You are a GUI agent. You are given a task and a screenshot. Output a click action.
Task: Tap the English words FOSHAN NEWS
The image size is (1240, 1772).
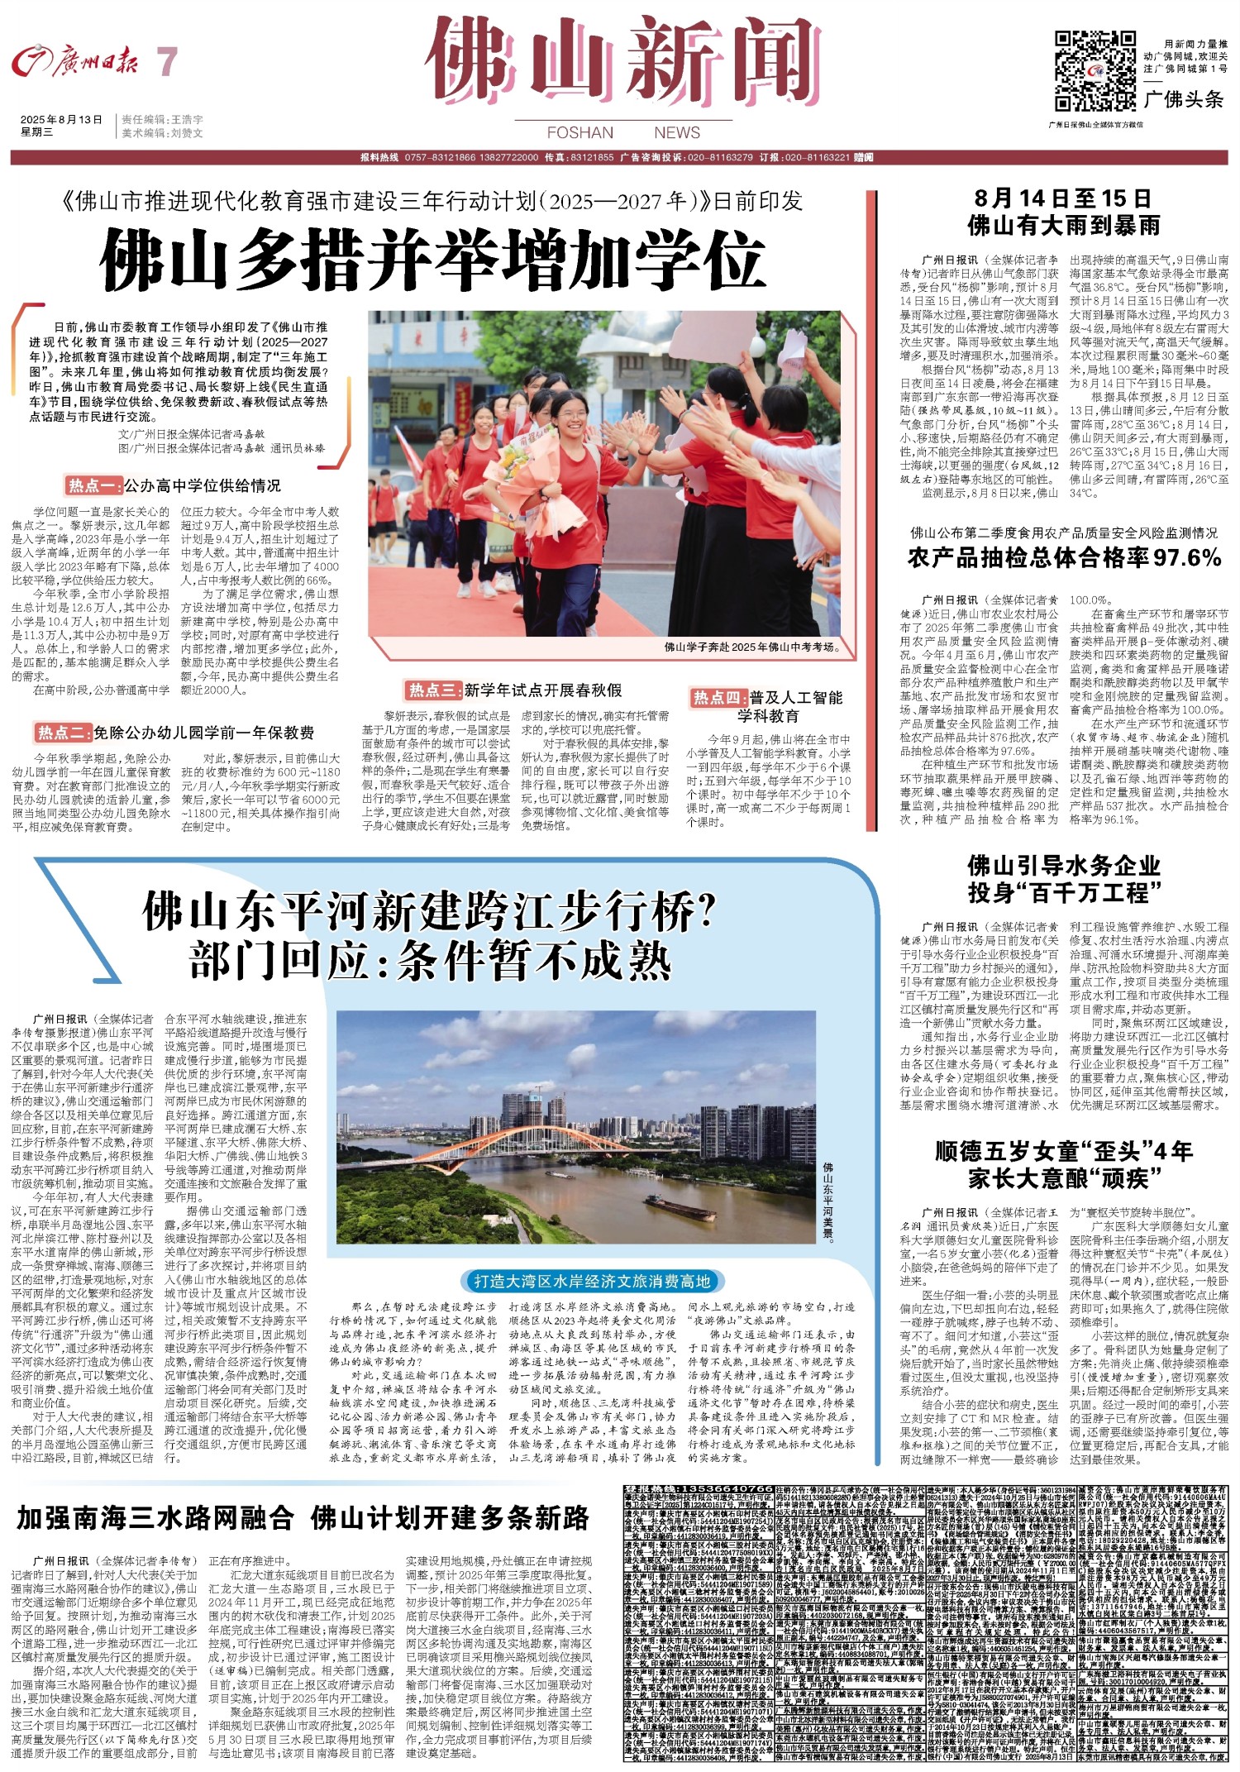tap(623, 132)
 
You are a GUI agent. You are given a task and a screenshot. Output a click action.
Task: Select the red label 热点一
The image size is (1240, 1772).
tap(94, 485)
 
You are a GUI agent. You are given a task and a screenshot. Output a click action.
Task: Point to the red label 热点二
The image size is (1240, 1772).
tap(62, 732)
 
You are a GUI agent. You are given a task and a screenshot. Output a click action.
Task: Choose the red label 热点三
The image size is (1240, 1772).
tap(432, 690)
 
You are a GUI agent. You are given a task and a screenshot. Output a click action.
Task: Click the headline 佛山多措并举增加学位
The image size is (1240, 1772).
tap(431, 259)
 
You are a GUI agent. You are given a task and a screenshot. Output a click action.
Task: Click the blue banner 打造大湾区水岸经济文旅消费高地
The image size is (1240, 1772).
tap(592, 1281)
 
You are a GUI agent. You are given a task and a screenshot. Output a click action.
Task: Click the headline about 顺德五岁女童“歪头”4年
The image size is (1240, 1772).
tap(1063, 1152)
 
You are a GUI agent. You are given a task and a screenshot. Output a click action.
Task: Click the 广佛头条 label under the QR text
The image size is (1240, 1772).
tap(1185, 100)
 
